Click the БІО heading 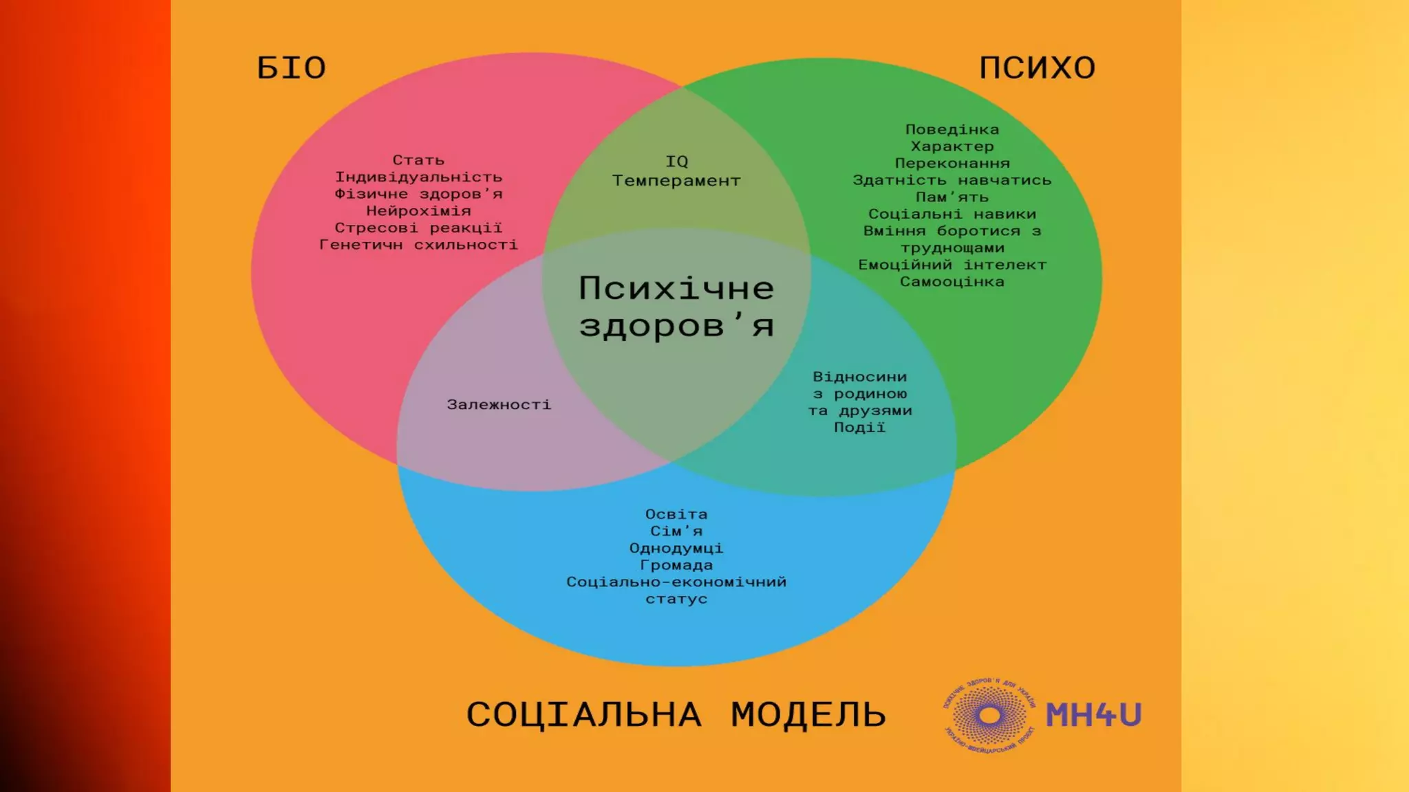(x=291, y=69)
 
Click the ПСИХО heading (x=1037, y=68)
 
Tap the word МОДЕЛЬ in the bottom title (x=808, y=715)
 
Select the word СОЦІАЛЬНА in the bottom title (x=584, y=715)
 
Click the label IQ (x=676, y=162)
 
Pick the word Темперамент (x=676, y=181)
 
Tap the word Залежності (x=499, y=405)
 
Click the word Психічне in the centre (x=676, y=289)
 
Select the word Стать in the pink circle (x=418, y=160)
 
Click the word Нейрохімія (x=418, y=211)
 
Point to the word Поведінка (x=952, y=130)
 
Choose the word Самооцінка (x=952, y=282)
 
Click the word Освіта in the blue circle (x=676, y=514)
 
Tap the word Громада (x=676, y=565)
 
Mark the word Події (x=859, y=428)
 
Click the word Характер (x=952, y=146)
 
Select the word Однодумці (x=676, y=549)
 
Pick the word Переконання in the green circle (x=952, y=164)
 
